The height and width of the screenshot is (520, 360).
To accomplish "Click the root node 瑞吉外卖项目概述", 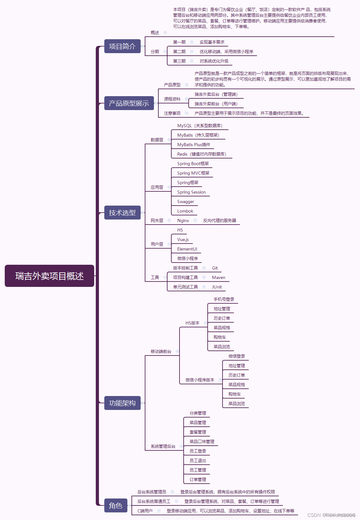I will tap(49, 276).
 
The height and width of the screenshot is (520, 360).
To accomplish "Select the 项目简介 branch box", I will tap(122, 46).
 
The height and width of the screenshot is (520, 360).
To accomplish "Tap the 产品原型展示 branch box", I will tap(129, 103).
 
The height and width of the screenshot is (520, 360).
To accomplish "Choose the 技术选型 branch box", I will tap(122, 213).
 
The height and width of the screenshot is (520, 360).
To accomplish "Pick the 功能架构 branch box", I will tap(122, 403).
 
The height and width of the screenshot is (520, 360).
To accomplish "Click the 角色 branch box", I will tap(116, 505).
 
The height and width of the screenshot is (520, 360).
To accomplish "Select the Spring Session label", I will tap(191, 192).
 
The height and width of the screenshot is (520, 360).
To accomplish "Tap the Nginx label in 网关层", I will tap(183, 220).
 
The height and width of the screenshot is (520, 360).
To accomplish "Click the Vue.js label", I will tap(183, 239).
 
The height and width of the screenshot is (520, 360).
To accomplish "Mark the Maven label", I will tap(218, 277).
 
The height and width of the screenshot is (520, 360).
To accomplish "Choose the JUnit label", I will tap(217, 287).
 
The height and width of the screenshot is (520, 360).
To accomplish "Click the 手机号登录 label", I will tap(224, 299).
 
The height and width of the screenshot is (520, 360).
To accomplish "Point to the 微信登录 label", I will tap(236, 356).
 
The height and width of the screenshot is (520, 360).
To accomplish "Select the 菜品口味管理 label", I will tap(202, 442).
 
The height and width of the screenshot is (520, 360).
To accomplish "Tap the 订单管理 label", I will tap(198, 480).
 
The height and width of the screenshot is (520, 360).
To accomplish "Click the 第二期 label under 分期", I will tap(179, 52).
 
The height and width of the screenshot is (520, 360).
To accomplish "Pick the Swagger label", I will tap(186, 201).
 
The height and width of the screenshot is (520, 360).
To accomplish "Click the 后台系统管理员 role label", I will tap(152, 492).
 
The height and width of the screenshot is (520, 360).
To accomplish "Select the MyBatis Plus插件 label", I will tap(193, 145).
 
